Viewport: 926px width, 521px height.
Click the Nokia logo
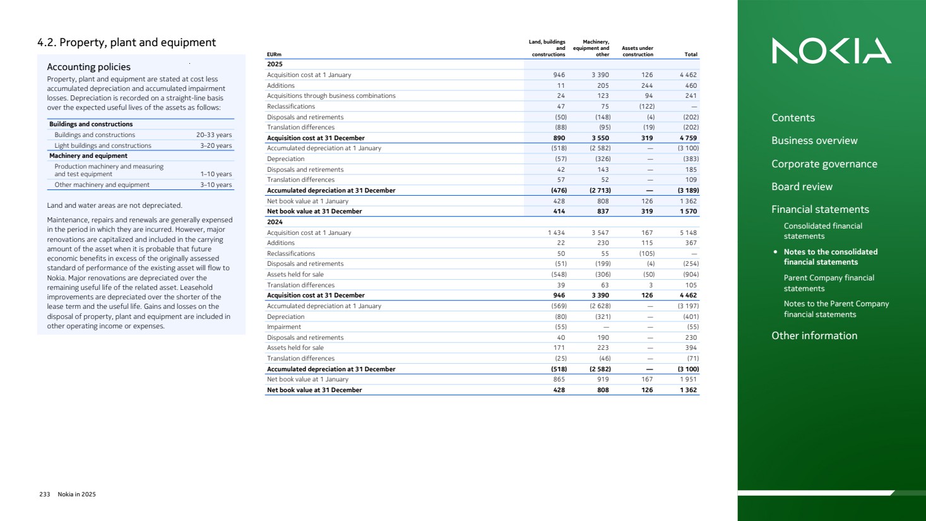point(831,51)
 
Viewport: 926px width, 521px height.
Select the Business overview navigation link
point(814,141)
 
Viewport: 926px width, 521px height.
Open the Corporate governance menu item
point(824,164)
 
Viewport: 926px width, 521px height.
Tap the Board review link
point(802,187)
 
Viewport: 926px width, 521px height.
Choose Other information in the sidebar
point(814,336)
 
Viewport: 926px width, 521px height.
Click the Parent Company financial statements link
point(828,283)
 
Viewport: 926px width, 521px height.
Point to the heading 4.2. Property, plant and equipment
point(126,43)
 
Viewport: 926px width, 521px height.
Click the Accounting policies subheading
point(88,67)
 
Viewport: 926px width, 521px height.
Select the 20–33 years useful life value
point(213,135)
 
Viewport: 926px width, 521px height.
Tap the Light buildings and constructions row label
point(103,146)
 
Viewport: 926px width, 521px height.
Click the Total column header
point(691,55)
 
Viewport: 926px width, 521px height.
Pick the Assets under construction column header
point(638,51)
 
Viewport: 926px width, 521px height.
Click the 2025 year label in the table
point(275,64)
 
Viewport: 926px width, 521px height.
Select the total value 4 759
point(688,138)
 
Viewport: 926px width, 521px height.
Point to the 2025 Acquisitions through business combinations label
point(331,96)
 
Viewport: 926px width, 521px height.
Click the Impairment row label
point(284,327)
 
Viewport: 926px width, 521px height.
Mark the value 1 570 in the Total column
point(688,212)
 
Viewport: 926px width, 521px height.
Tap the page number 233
point(45,494)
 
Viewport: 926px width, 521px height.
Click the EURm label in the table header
point(274,55)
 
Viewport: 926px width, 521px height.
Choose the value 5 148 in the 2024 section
point(688,233)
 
